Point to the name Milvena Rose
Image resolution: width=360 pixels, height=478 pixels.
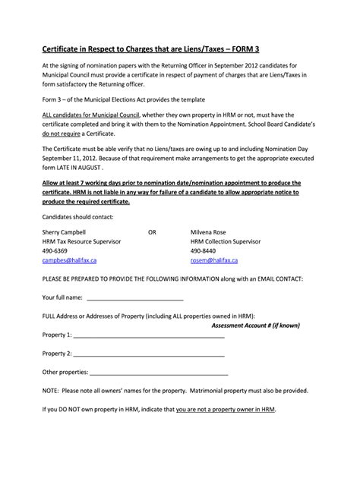pyautogui.click(x=210, y=231)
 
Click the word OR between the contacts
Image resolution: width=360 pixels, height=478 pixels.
pyautogui.click(x=152, y=231)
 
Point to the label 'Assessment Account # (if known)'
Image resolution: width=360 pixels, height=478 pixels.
pyautogui.click(x=255, y=325)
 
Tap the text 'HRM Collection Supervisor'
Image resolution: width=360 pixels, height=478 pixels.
pyautogui.click(x=226, y=241)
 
